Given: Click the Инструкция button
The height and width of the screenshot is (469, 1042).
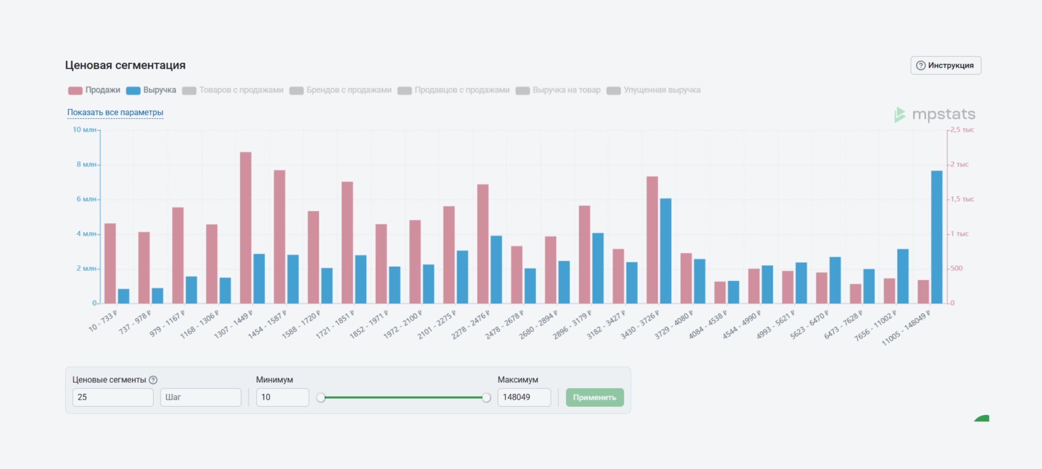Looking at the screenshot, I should (945, 65).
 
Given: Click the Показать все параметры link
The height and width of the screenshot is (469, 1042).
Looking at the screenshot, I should (115, 112).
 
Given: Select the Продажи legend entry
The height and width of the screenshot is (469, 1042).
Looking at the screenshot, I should (94, 90).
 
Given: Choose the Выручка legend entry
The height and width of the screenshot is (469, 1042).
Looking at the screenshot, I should (151, 90).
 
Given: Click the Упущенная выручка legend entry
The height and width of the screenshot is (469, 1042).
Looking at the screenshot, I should (654, 90).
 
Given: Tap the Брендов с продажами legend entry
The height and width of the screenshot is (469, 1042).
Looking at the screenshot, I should (341, 90).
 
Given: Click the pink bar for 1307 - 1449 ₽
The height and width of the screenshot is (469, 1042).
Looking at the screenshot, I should (245, 227).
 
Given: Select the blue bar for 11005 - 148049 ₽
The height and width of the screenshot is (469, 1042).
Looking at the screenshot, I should (936, 237).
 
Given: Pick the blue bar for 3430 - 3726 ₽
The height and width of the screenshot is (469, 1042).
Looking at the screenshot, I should (665, 251).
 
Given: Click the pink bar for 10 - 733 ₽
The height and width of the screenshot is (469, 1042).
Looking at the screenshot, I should (110, 263).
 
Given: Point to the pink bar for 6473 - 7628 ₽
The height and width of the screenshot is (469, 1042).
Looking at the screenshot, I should (855, 293).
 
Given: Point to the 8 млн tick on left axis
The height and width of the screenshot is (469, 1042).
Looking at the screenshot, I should (86, 164).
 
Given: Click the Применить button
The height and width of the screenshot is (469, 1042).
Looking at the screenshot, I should (594, 397).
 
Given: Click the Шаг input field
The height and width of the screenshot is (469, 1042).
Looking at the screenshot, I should (200, 397).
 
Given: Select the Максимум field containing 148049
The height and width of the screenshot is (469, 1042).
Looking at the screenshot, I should (524, 397).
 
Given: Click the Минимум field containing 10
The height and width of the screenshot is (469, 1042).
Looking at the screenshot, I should (282, 397).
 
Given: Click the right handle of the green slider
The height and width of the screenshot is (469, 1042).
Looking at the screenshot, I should (486, 398).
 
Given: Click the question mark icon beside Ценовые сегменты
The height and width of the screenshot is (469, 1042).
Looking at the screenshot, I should (153, 380).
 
